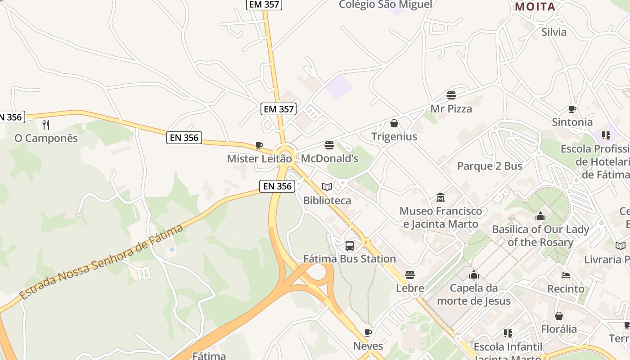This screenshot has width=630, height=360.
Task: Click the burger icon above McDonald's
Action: (x=329, y=145)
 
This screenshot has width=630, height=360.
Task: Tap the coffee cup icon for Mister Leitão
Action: (x=259, y=145)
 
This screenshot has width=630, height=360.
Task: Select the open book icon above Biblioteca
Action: (x=327, y=187)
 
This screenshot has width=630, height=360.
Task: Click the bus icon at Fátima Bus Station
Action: (x=349, y=246)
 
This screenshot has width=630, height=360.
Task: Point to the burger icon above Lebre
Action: (x=409, y=274)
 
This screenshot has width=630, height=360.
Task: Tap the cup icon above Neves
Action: (x=368, y=333)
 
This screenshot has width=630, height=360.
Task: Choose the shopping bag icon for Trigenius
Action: (x=394, y=123)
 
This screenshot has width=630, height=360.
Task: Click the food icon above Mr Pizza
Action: (x=451, y=95)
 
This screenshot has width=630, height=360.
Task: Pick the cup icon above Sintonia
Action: (x=572, y=109)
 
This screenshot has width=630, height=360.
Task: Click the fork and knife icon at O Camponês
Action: (x=45, y=125)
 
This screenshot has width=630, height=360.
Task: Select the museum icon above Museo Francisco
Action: (x=441, y=198)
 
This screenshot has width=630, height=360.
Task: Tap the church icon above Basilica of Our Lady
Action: (x=540, y=216)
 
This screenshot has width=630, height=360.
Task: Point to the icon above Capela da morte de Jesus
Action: (x=473, y=274)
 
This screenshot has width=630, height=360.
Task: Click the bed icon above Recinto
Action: (x=566, y=275)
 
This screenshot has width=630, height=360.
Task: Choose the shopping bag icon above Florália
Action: (x=559, y=316)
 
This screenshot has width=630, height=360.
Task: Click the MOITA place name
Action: (x=535, y=7)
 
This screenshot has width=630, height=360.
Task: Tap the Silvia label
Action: (x=554, y=32)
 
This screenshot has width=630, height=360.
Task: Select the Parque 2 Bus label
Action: (x=490, y=166)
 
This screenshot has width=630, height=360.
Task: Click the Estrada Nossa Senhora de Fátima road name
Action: (x=102, y=262)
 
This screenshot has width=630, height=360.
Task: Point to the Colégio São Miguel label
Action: (x=385, y=4)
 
